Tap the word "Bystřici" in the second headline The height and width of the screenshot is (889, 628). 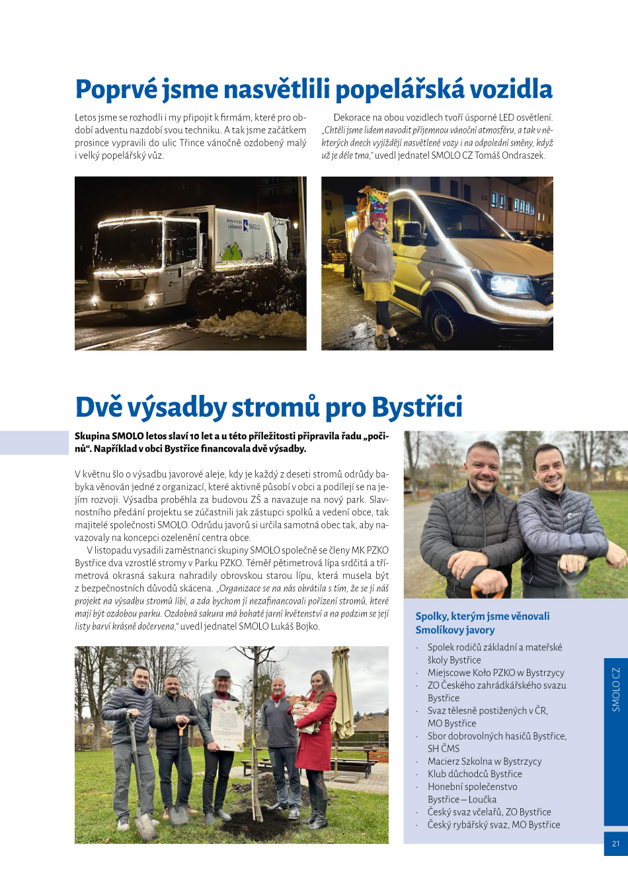point(417,407)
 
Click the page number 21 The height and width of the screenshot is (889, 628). point(615,843)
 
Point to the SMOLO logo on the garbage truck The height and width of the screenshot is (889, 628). point(251,226)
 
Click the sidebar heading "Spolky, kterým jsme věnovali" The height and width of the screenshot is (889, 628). point(483,616)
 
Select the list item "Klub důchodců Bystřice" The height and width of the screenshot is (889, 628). point(475,774)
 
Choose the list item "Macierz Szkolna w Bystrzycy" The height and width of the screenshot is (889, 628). point(485,761)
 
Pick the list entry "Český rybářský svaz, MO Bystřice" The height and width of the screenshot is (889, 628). point(494,825)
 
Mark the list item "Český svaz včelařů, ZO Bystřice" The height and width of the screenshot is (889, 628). point(489,812)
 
